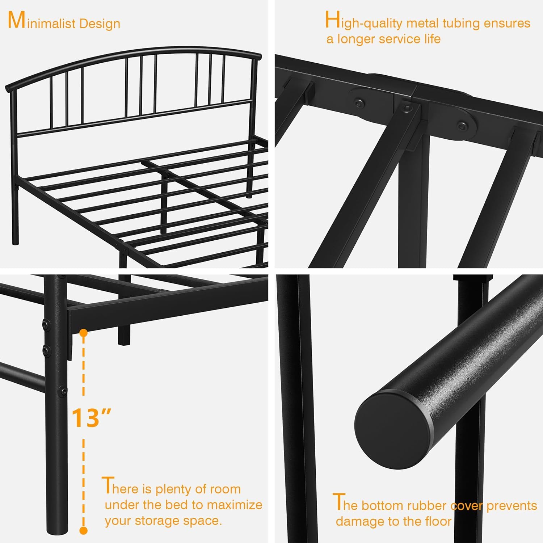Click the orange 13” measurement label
pos(91,418)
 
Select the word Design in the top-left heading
pos(100,24)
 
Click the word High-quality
pos(364,22)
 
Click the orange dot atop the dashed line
pos(84,332)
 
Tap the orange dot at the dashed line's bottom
pos(84,531)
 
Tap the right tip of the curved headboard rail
pos(258,57)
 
